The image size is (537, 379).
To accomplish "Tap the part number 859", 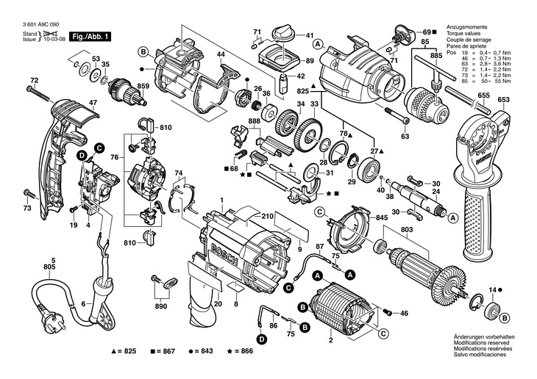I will pos(143,87).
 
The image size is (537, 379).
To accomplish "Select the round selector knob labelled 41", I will pos(282,34).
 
